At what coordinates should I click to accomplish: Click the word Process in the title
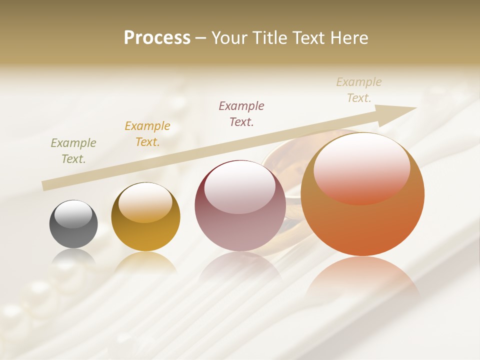tap(157, 38)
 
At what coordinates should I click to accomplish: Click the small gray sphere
tap(73, 224)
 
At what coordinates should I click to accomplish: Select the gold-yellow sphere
tap(145, 216)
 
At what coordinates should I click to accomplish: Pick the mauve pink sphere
tap(240, 205)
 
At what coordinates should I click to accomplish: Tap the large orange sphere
tap(362, 194)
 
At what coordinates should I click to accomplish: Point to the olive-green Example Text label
tap(73, 151)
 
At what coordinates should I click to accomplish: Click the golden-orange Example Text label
tap(147, 134)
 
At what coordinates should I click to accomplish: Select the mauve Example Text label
tap(241, 113)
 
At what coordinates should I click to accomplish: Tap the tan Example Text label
tap(359, 90)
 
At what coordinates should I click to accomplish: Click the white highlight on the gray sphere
tap(73, 214)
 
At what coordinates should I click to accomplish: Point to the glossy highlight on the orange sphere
tap(361, 167)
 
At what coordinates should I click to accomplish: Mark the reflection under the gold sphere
tap(145, 262)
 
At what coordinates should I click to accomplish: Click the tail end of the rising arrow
tap(46, 185)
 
